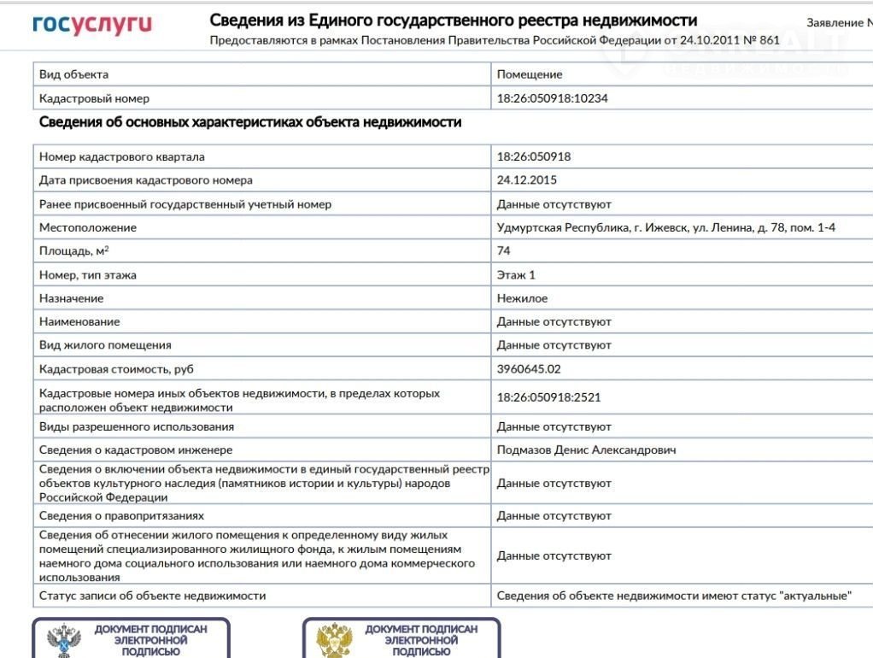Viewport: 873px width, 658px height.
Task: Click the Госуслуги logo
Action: pyautogui.click(x=91, y=25)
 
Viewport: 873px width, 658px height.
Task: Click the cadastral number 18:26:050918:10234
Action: pyautogui.click(x=552, y=98)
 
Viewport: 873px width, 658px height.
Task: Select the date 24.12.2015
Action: pyautogui.click(x=526, y=180)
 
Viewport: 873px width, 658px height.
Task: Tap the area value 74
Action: pyautogui.click(x=504, y=250)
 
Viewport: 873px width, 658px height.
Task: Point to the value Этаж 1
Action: pyautogui.click(x=516, y=275)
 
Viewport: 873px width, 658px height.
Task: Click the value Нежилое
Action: pyautogui.click(x=522, y=298)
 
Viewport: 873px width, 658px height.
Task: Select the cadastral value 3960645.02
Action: pyautogui.click(x=529, y=369)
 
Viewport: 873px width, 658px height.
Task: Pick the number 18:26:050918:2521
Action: pyautogui.click(x=548, y=397)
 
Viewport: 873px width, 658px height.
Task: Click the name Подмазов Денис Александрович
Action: pyautogui.click(x=586, y=449)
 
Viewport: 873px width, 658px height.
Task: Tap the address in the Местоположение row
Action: pyautogui.click(x=665, y=227)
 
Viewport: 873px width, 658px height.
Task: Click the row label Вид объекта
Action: pyautogui.click(x=73, y=74)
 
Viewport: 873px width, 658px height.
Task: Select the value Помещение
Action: pyautogui.click(x=530, y=74)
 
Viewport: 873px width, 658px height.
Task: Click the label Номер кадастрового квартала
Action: pyautogui.click(x=121, y=156)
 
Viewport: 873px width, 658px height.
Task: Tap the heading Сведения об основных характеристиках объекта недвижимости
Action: pyautogui.click(x=250, y=122)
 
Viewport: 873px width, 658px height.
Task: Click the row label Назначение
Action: pyautogui.click(x=71, y=298)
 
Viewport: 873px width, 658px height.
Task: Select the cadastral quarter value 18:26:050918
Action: pyautogui.click(x=533, y=156)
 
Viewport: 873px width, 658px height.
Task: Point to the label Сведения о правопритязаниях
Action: pyautogui.click(x=121, y=516)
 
